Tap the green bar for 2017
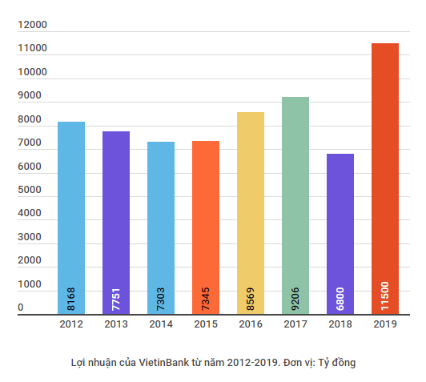[295, 192]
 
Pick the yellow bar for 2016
[251, 200]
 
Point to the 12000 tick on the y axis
[34, 26]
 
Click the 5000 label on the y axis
[30, 191]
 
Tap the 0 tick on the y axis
[21, 308]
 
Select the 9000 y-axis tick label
[30, 96]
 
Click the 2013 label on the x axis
[116, 324]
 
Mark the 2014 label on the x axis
[161, 324]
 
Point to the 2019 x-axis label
[385, 324]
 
